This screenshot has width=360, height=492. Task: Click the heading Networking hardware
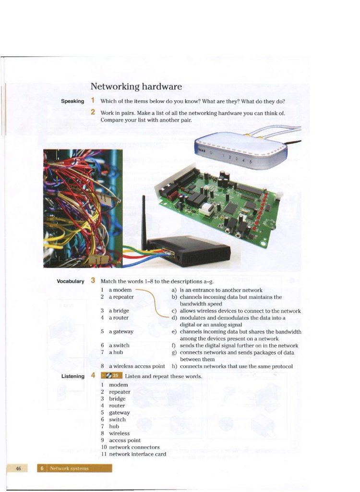tap(136, 87)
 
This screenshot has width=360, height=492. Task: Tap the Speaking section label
tap(72, 101)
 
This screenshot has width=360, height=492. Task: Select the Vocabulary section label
tap(71, 281)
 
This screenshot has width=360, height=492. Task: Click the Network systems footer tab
tap(74, 468)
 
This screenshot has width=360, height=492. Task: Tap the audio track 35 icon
tap(112, 376)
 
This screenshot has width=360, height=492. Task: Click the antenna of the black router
tap(144, 219)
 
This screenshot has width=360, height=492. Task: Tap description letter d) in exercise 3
tap(175, 318)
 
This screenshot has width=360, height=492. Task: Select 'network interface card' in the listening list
tap(137, 454)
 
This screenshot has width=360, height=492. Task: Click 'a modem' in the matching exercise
tap(120, 290)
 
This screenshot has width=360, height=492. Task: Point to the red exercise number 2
tap(93, 112)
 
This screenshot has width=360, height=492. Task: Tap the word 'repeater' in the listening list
tap(120, 392)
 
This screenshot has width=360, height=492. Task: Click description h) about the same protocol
tap(236, 366)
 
